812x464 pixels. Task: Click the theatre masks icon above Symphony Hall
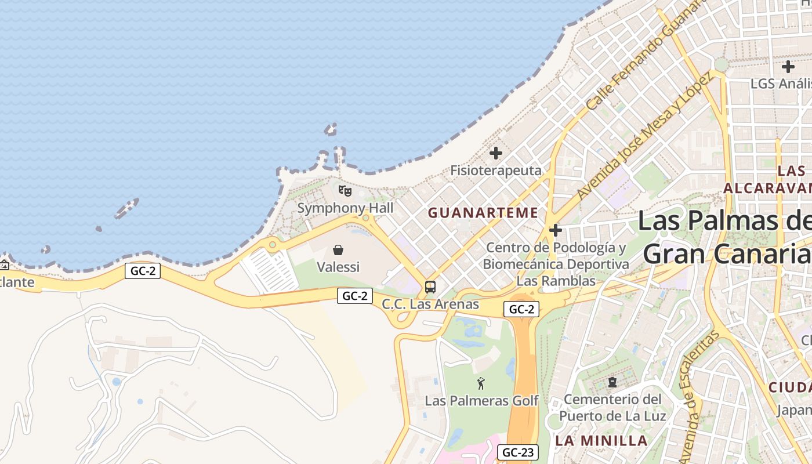coord(345,190)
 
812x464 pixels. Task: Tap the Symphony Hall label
coord(345,208)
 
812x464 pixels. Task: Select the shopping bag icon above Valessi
coord(338,250)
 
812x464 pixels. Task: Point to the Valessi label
coord(338,267)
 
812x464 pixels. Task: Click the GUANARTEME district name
coord(483,213)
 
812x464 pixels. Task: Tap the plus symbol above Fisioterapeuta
coord(496,153)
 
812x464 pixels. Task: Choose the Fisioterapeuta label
coord(496,171)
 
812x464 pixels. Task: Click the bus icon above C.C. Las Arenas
coord(430,287)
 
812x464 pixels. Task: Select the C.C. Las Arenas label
coord(430,304)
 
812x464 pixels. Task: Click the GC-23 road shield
coord(519,452)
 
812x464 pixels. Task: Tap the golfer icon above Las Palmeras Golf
coord(481,383)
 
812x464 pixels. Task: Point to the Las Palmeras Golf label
coord(481,401)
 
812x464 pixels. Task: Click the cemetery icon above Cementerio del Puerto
coord(612,382)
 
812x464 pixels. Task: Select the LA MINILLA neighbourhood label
coord(601,440)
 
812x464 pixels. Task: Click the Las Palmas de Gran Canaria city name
coord(725,238)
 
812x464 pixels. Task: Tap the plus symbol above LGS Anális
coord(788,66)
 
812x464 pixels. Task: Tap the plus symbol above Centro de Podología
coord(556,230)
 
